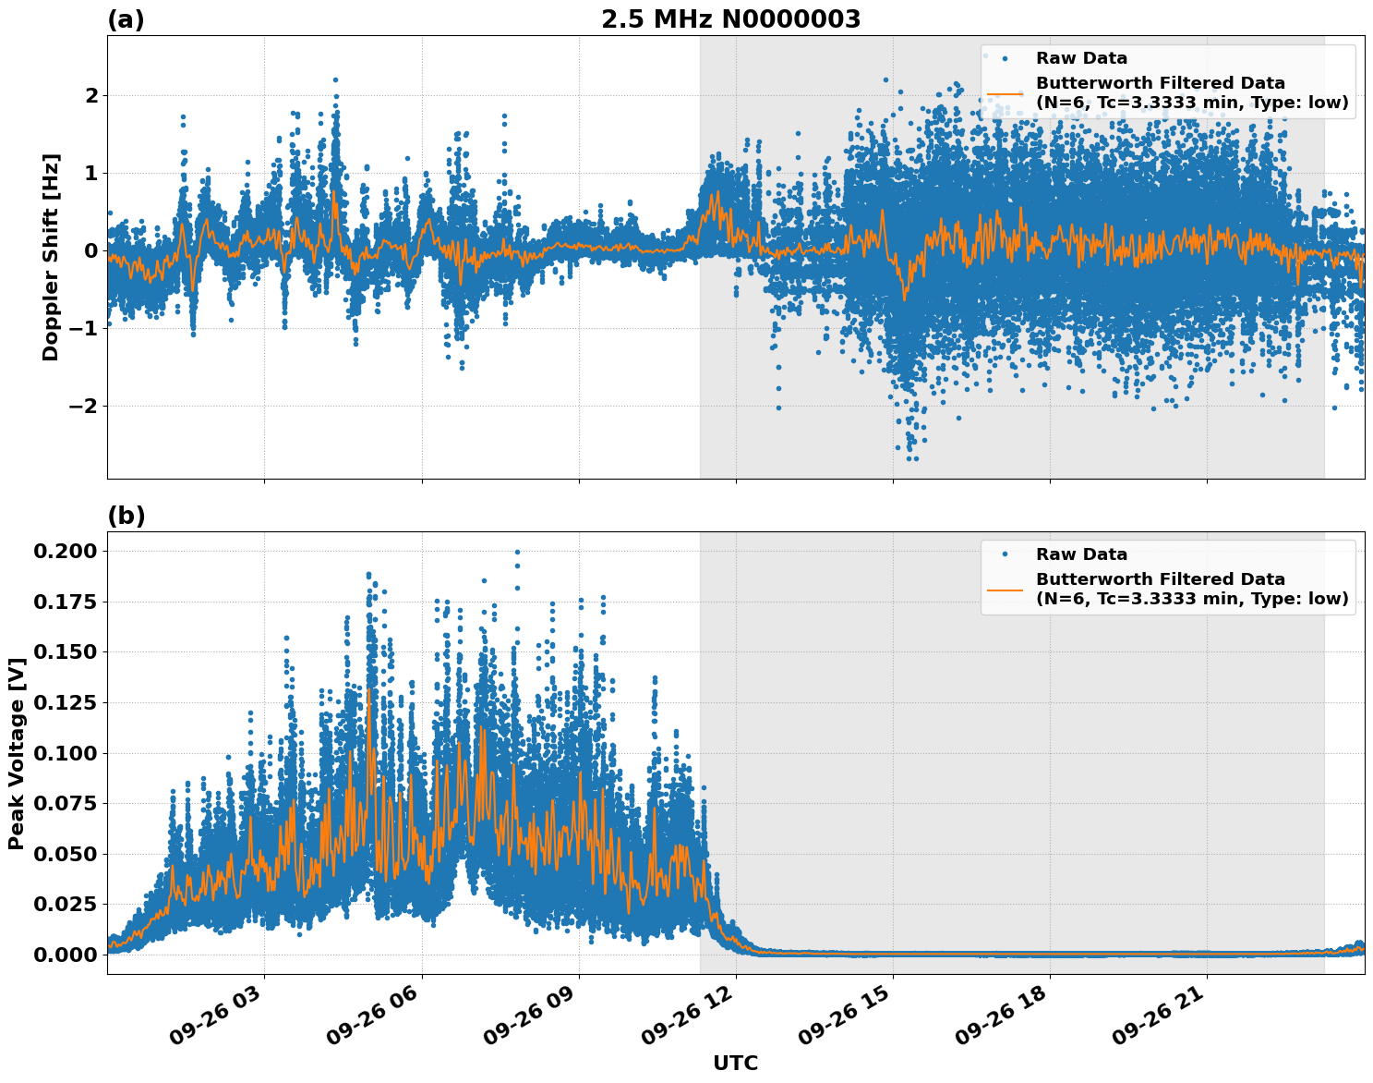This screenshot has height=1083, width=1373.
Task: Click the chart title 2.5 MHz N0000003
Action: pyautogui.click(x=730, y=19)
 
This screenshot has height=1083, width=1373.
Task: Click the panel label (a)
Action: pyautogui.click(x=126, y=19)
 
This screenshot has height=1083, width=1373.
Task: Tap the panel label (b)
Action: pyautogui.click(x=126, y=516)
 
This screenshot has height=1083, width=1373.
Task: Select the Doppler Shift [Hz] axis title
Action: pyautogui.click(x=51, y=257)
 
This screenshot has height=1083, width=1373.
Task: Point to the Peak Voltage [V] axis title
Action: pyautogui.click(x=16, y=753)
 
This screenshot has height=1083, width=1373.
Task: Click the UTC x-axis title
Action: pyautogui.click(x=735, y=1063)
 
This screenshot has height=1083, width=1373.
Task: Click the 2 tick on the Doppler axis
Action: pyautogui.click(x=91, y=95)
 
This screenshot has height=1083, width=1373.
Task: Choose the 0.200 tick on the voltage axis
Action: pyautogui.click(x=65, y=551)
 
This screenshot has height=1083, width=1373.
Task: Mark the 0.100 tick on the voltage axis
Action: pyautogui.click(x=65, y=753)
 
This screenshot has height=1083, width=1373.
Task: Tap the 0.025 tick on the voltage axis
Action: pyautogui.click(x=65, y=904)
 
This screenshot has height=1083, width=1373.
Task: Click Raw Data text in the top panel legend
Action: pyautogui.click(x=1081, y=58)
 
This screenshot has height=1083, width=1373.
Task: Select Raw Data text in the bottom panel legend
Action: pyautogui.click(x=1081, y=554)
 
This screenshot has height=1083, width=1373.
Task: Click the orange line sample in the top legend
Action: pyautogui.click(x=1005, y=93)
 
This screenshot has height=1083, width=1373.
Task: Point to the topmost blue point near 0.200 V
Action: pyautogui.click(x=517, y=553)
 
